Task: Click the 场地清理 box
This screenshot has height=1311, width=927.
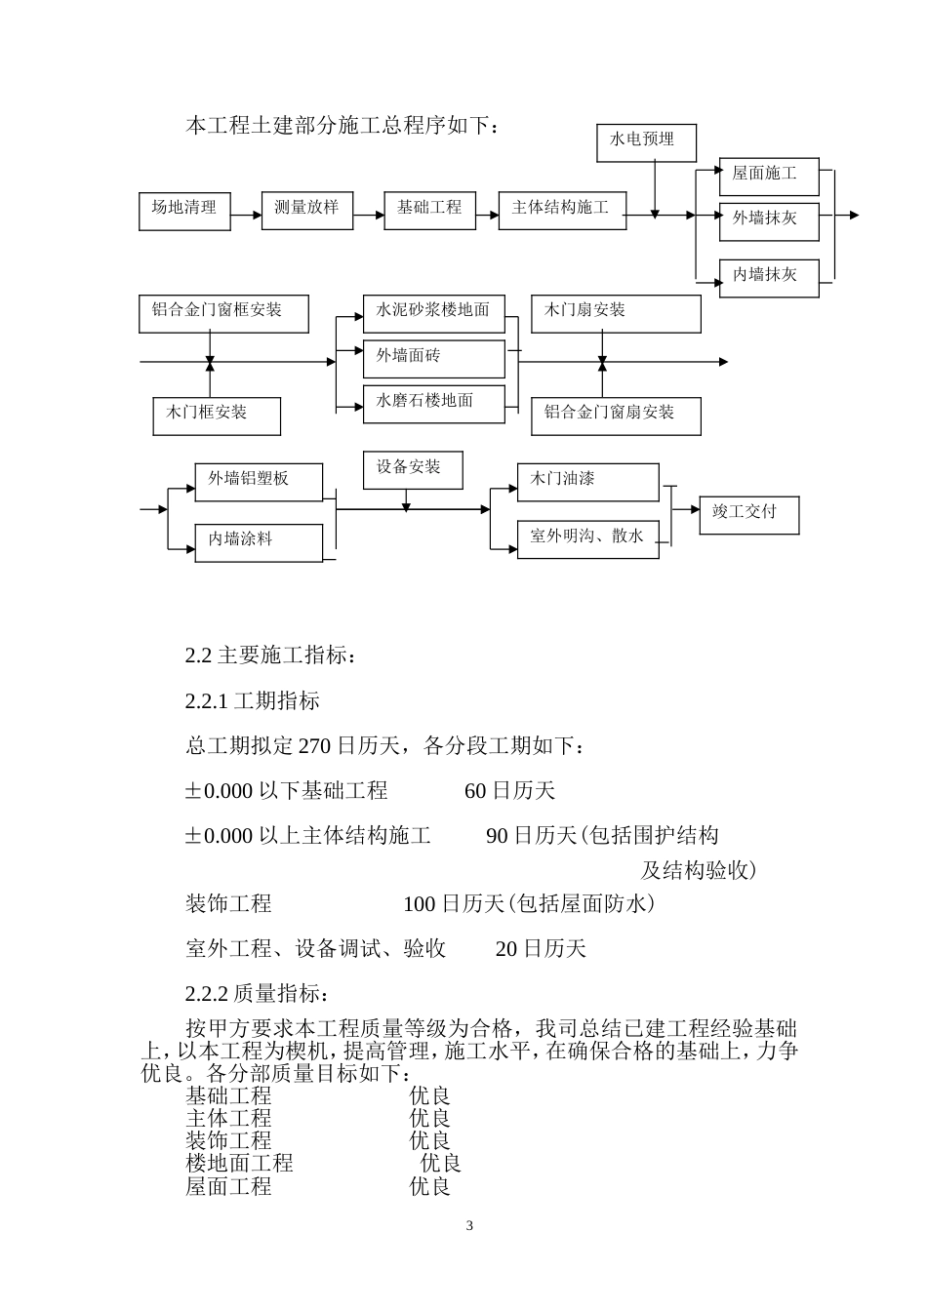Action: click(184, 211)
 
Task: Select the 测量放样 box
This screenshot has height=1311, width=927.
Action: click(306, 211)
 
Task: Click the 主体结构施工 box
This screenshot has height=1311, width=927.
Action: click(562, 211)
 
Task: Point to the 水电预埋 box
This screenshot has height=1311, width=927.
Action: click(647, 142)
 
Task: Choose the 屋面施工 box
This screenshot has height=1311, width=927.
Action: click(769, 176)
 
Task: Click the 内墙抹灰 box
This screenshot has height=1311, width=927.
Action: click(769, 277)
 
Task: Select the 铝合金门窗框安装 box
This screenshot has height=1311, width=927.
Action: click(223, 313)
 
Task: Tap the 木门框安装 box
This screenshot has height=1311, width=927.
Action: click(217, 416)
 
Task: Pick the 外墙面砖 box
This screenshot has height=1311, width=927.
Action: click(434, 358)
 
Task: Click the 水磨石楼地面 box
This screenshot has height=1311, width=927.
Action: click(434, 403)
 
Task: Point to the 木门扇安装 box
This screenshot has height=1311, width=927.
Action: click(616, 313)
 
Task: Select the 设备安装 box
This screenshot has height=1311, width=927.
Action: click(413, 470)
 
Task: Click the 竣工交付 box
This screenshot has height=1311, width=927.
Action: click(748, 514)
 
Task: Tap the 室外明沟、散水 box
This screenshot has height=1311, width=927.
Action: click(587, 538)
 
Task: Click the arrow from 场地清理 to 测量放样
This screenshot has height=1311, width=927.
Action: click(246, 211)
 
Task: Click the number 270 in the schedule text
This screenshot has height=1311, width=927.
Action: click(314, 747)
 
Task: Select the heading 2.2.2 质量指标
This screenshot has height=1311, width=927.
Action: click(257, 994)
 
